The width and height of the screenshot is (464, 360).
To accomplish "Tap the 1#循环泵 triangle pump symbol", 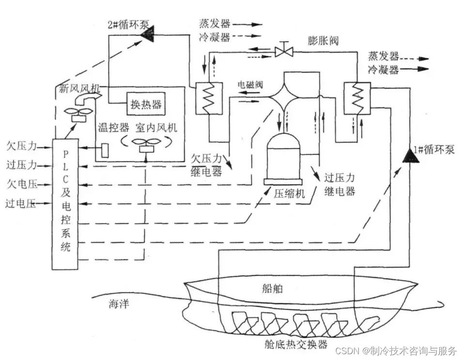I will [411, 156].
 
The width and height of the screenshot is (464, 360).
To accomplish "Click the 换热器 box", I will [146, 104].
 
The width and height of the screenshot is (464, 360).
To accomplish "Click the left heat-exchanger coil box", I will [208, 97].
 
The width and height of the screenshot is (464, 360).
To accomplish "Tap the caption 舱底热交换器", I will [297, 344].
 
